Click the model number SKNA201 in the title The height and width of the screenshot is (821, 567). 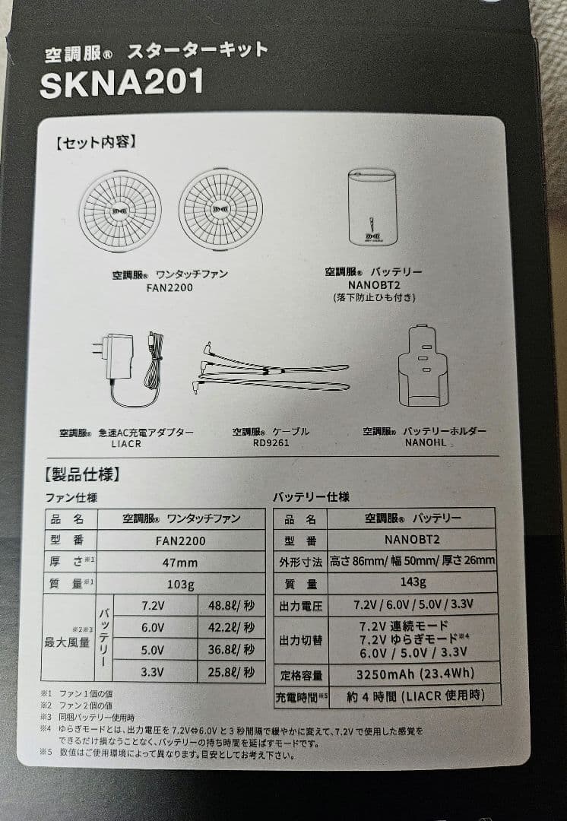[x=122, y=84]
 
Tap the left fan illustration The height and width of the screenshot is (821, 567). [x=120, y=211]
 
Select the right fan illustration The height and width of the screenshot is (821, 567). [x=220, y=209]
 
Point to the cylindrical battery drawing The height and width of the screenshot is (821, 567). [x=372, y=207]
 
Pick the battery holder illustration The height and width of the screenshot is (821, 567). [x=423, y=366]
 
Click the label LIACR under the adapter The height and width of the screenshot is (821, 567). [x=126, y=444]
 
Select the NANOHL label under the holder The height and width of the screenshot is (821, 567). [x=426, y=442]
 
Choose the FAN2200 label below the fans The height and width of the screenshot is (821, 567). [x=169, y=287]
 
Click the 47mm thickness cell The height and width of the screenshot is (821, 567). [x=181, y=563]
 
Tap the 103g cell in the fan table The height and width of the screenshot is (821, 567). [x=181, y=584]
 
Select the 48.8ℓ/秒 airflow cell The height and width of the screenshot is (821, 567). [x=231, y=606]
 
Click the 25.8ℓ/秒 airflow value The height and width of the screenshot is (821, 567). [x=231, y=672]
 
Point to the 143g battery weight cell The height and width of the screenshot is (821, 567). [x=413, y=582]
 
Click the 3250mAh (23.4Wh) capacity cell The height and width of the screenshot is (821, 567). [x=415, y=674]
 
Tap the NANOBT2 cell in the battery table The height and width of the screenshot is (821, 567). [x=411, y=539]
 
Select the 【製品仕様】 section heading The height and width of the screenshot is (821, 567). [x=83, y=474]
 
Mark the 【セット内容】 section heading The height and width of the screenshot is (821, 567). [x=97, y=142]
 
